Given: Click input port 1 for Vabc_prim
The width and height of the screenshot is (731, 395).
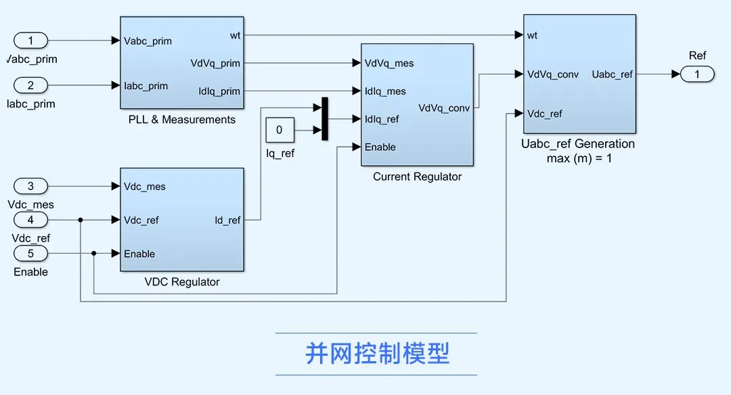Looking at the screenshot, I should click(30, 41).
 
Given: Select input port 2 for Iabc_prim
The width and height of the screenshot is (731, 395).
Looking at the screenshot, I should click(30, 85).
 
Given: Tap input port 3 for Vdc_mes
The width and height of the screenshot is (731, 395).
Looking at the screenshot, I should click(30, 186).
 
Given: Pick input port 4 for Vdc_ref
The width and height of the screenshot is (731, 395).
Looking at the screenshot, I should click(30, 220).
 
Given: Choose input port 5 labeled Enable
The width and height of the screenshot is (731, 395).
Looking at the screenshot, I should click(30, 254).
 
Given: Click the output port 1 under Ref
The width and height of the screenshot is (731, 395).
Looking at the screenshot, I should click(697, 74).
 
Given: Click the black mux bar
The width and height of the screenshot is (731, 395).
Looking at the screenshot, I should click(324, 118).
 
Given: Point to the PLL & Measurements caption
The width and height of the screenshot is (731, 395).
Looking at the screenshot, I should click(181, 120).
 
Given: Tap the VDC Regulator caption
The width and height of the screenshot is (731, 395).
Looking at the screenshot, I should click(181, 282).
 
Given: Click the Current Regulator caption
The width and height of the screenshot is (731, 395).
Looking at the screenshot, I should click(417, 177).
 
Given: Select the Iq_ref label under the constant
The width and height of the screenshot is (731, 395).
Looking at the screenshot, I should click(280, 154).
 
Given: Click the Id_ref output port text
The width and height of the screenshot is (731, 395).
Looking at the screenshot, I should click(227, 220).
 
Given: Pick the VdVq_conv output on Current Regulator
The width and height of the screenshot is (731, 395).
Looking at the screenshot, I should click(444, 108).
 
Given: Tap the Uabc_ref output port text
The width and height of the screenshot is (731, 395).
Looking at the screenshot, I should click(612, 74).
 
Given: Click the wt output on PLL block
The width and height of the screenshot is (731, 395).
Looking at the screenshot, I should click(235, 34).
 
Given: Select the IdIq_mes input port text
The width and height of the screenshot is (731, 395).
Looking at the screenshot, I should click(385, 91).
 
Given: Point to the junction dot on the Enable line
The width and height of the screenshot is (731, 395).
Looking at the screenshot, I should click(94, 254).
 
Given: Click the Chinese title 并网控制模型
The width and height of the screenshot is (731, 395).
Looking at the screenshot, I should click(376, 354).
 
